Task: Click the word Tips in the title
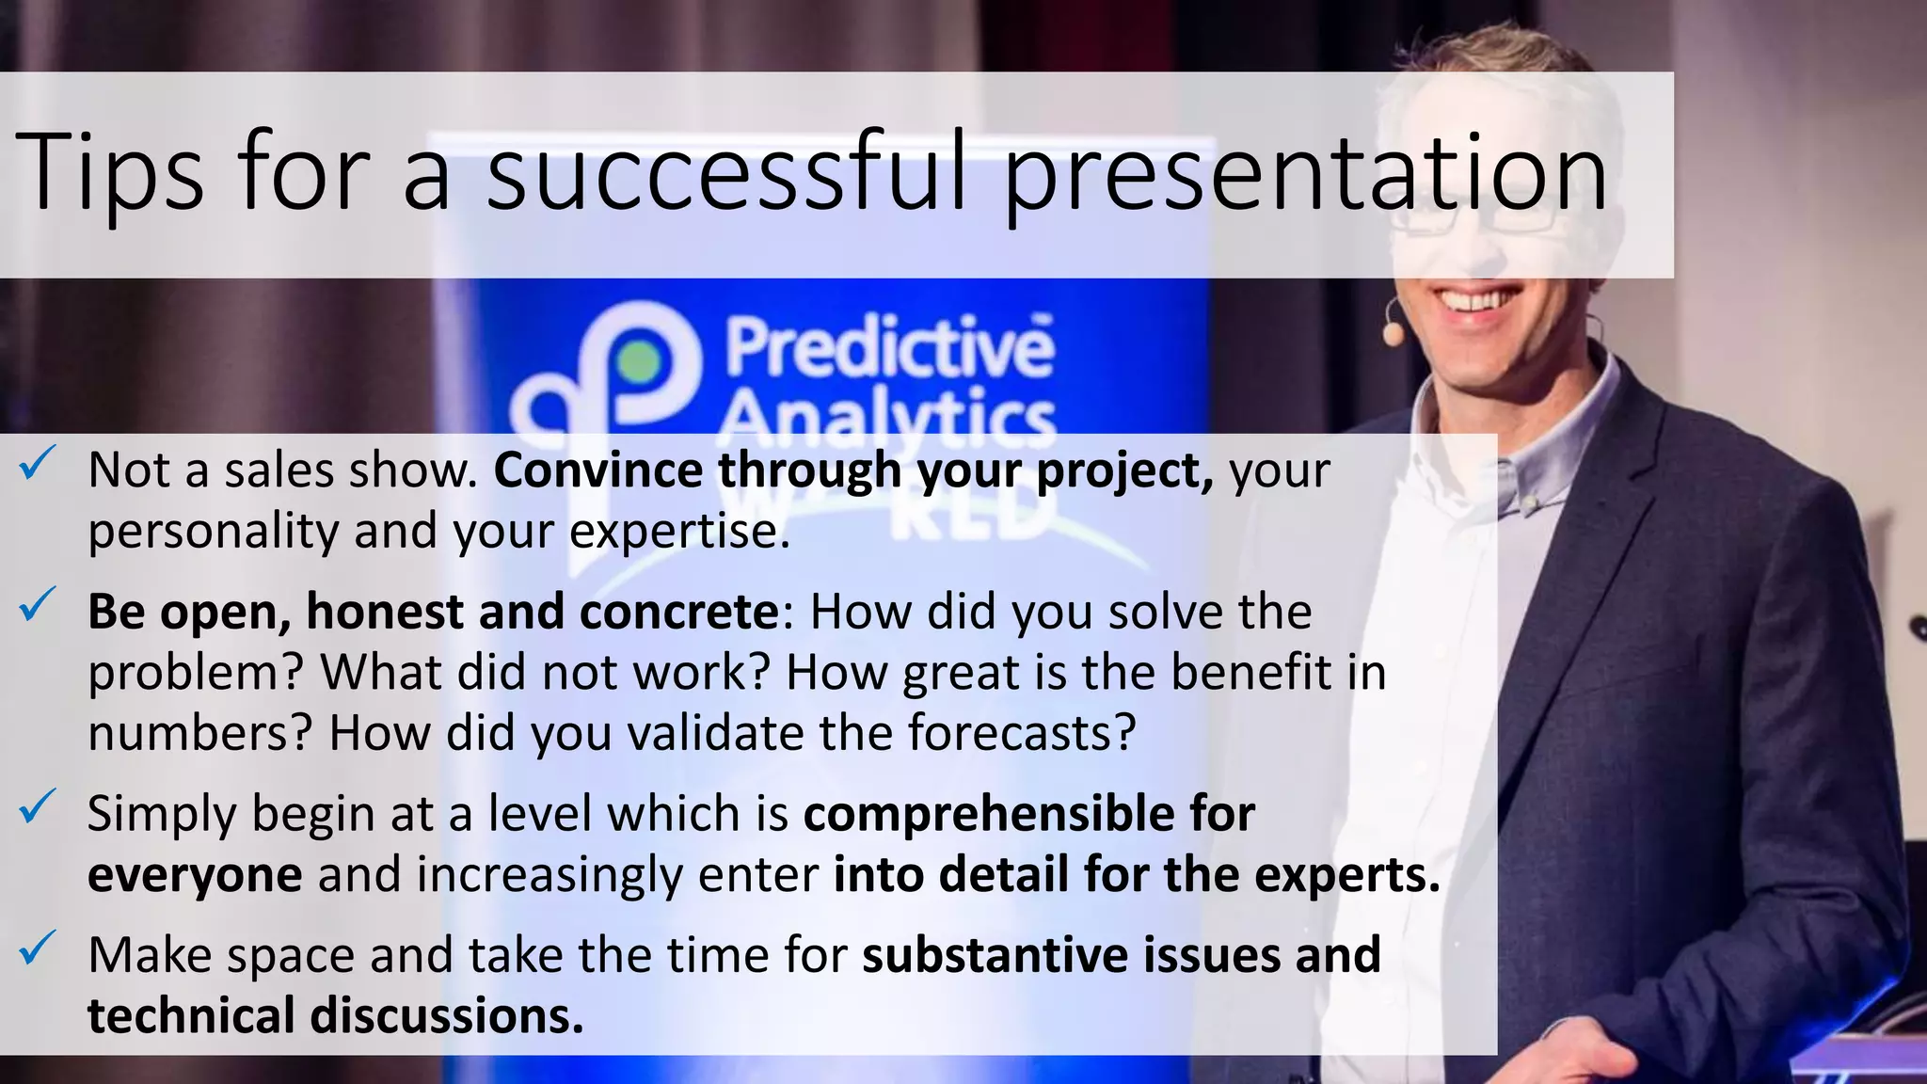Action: click(108, 173)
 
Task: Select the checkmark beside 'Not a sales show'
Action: click(40, 463)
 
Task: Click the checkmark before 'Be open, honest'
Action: click(40, 605)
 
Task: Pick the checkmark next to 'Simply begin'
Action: click(40, 806)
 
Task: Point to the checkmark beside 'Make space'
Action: click(40, 948)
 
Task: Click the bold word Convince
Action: click(597, 470)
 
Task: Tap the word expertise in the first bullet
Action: click(678, 532)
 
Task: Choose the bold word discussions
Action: click(446, 1016)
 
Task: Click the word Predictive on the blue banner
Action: click(888, 348)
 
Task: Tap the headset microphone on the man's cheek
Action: click(1393, 332)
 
